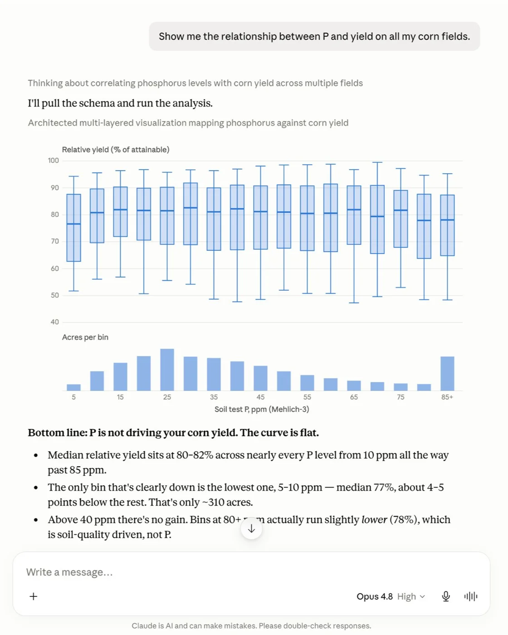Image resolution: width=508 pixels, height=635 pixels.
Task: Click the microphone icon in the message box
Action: point(446,596)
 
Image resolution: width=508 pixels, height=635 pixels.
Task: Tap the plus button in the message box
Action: point(34,596)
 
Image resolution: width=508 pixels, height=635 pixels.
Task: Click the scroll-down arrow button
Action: point(251,528)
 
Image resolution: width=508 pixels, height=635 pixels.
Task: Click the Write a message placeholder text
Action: point(69,572)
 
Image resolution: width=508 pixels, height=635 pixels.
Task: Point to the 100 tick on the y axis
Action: point(54,161)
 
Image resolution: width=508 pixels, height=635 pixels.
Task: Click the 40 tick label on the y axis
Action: point(54,322)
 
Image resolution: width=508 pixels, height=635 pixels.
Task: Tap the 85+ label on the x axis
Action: point(447,397)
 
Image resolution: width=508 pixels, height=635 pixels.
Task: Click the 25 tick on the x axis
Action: point(167,397)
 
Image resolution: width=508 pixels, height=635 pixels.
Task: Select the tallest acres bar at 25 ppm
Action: point(167,370)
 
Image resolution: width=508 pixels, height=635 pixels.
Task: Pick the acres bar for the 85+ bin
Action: point(447,374)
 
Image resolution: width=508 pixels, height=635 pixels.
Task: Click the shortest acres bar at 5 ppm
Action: point(73,387)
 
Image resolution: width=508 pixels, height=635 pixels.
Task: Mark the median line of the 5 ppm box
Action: point(73,224)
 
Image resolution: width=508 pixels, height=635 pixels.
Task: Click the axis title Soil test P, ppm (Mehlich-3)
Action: point(262,409)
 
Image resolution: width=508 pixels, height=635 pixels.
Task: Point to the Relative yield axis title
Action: point(116,150)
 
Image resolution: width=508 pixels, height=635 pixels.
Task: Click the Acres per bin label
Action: point(85,337)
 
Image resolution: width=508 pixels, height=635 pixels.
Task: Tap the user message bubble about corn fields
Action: point(314,36)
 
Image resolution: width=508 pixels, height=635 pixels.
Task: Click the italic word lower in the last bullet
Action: point(374,519)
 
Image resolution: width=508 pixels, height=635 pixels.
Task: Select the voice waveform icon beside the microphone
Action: point(470,596)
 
